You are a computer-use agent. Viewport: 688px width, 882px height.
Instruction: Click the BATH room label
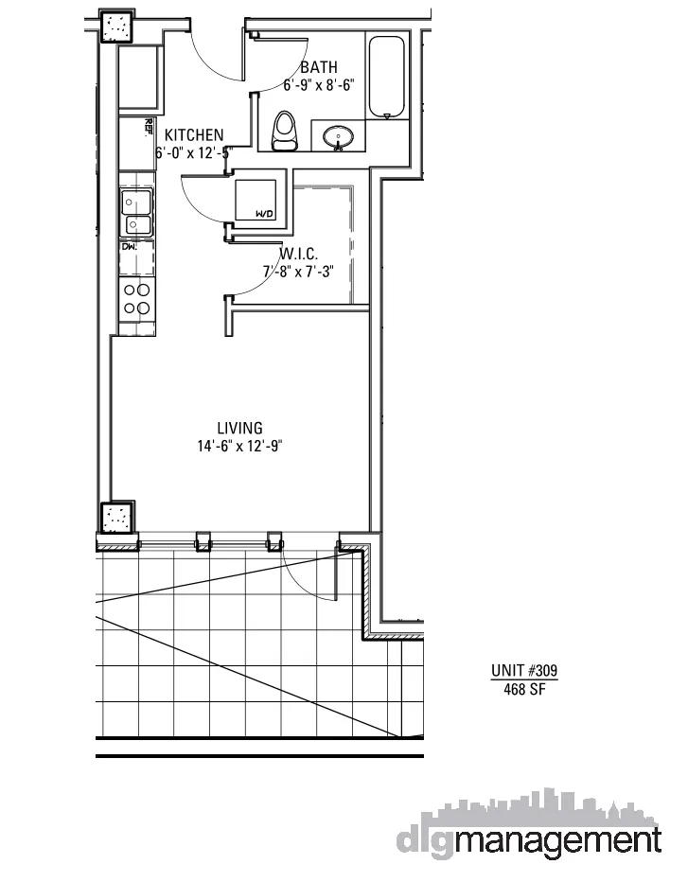click(x=318, y=67)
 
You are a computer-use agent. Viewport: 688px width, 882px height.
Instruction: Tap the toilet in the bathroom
click(x=285, y=132)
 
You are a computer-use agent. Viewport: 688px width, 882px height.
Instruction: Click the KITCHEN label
click(x=194, y=135)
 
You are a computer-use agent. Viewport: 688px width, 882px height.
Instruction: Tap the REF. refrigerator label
click(x=149, y=125)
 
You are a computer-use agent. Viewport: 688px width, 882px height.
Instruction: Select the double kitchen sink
click(x=137, y=212)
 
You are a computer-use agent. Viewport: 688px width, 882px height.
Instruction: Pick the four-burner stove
click(x=137, y=299)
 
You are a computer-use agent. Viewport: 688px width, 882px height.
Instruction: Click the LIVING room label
click(x=239, y=429)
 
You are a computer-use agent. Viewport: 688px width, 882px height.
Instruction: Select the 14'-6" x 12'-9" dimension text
click(x=239, y=446)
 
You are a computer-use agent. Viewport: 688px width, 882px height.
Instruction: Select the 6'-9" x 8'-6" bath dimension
click(x=319, y=84)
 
